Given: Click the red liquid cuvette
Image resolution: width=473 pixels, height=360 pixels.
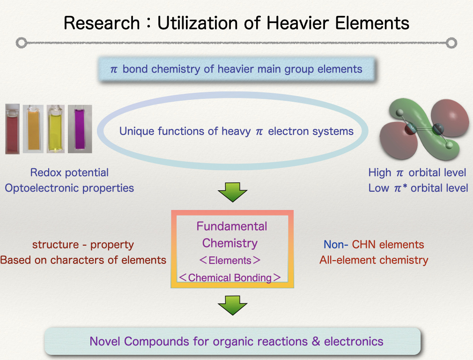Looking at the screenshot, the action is point(12,129).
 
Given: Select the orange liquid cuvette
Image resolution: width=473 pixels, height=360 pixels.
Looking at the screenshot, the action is point(33,129).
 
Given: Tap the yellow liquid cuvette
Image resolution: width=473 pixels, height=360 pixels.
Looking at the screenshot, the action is point(56,129).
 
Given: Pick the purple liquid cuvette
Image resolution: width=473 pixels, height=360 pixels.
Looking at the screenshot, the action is point(80,129).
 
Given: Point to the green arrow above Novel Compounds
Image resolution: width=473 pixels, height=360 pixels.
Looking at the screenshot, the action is point(233,305).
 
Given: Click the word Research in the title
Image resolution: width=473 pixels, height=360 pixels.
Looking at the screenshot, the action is point(102,23).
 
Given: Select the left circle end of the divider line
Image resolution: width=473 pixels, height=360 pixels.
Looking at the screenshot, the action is point(22,43).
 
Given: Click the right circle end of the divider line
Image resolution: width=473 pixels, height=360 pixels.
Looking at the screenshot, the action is point(451,43).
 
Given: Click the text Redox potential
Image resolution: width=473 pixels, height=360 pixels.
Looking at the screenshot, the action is point(69,172).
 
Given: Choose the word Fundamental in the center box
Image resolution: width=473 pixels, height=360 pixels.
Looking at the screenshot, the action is point(232,226).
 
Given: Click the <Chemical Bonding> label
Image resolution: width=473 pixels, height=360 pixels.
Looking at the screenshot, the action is point(230,277).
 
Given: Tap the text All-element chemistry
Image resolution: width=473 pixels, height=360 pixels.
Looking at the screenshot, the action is point(374,260).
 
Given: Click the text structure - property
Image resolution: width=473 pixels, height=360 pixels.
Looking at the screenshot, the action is point(83,245).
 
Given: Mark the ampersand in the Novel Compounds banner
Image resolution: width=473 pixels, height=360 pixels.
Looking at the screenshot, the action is point(316,341).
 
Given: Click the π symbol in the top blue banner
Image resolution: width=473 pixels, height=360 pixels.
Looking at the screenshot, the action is point(114,70).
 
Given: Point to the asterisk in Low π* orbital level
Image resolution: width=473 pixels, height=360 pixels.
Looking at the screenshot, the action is point(405,186).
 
